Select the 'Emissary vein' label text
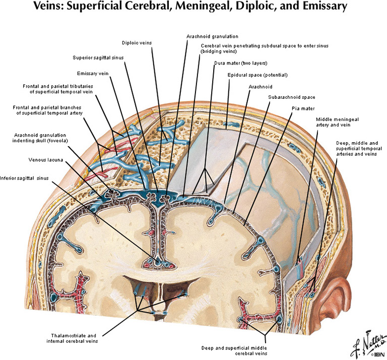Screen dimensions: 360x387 pos(93,73)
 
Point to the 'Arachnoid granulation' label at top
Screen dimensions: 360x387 pos(212,36)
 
